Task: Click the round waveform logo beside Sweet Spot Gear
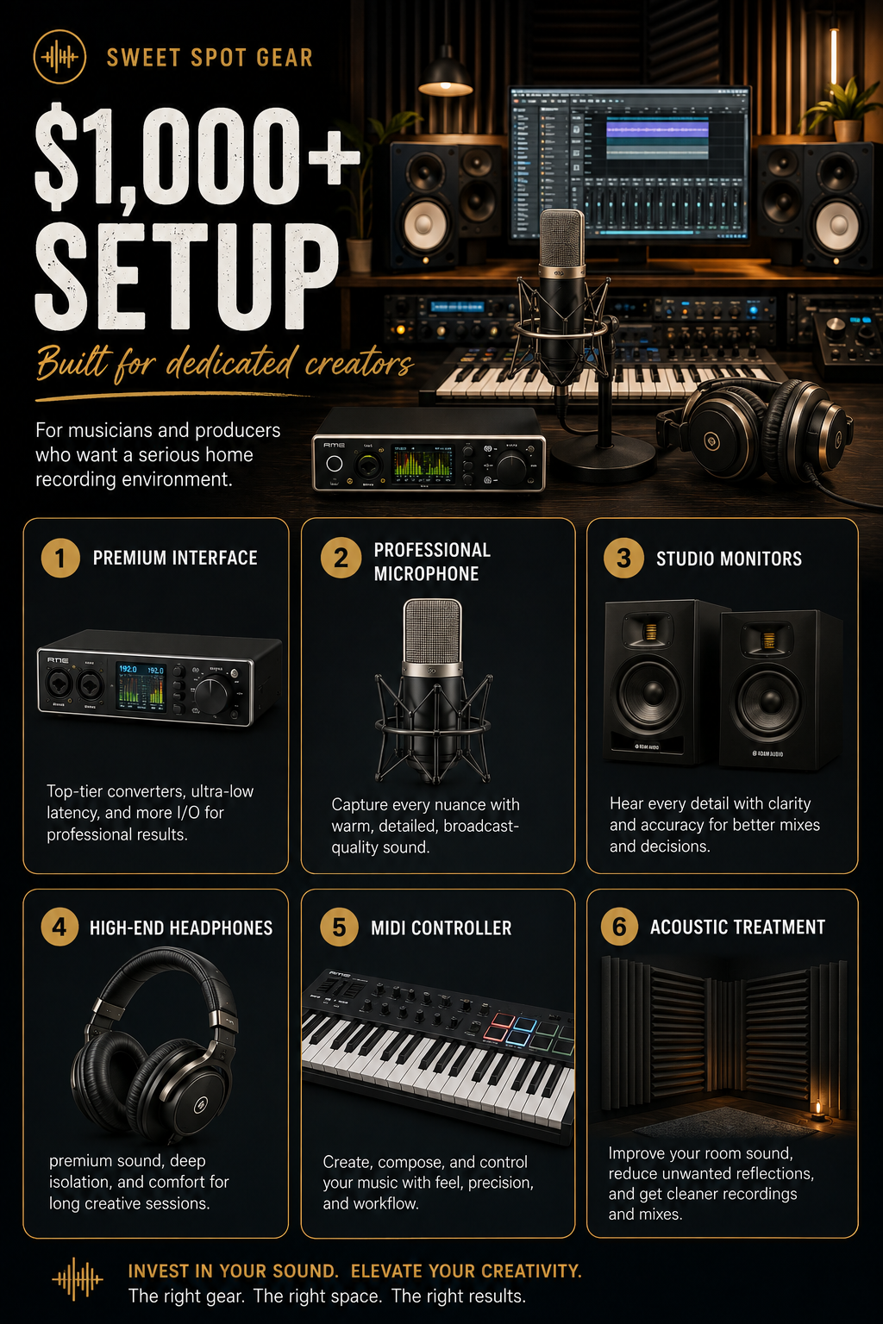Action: click(59, 57)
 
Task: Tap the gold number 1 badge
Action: click(60, 558)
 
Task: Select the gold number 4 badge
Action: click(59, 927)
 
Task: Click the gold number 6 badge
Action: click(619, 927)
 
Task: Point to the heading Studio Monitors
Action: click(729, 559)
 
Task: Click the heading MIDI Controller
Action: click(441, 927)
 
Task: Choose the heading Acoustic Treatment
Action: click(737, 927)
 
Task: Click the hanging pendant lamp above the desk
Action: click(445, 74)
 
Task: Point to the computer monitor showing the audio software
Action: click(630, 164)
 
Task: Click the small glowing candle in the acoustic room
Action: click(818, 1109)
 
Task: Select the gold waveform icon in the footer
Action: click(78, 1279)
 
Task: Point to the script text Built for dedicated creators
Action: click(224, 362)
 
